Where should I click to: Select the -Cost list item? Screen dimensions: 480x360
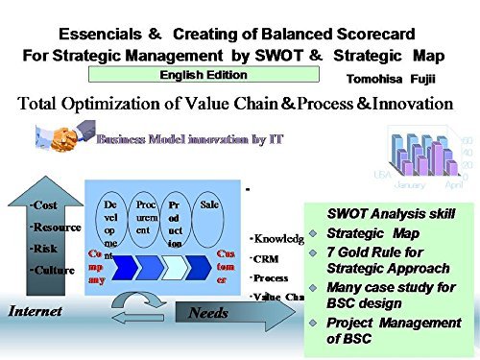[43, 205]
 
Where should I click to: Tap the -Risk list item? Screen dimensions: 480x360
[43, 248]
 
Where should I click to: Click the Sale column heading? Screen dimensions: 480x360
[212, 205]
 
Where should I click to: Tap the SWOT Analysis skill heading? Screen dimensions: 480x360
[391, 213]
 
